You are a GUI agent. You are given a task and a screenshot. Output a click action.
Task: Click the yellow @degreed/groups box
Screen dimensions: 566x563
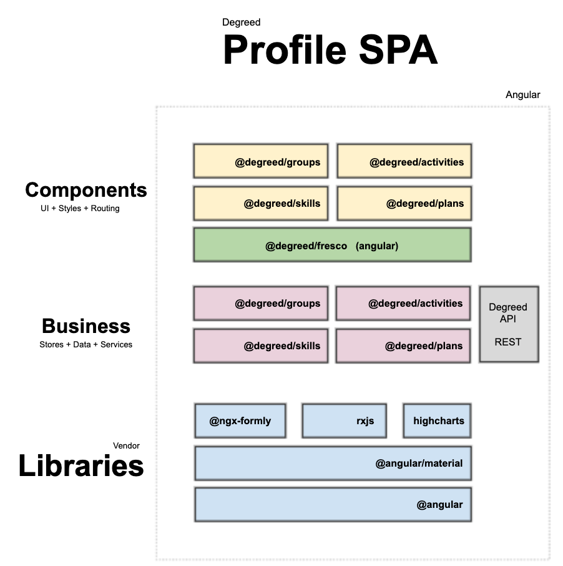pos(261,162)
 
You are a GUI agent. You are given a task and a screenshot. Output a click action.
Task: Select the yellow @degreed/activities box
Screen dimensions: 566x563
pos(404,162)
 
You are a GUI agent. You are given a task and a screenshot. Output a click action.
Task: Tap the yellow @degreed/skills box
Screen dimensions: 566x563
pos(261,204)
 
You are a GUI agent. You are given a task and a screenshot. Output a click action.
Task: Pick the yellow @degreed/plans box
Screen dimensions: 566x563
pos(404,204)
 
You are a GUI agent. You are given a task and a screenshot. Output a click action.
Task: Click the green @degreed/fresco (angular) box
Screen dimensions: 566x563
pos(332,245)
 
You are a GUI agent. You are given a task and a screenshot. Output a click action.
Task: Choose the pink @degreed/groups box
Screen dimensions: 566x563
pos(261,304)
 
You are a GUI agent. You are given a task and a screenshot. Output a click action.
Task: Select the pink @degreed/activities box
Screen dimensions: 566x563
pos(403,304)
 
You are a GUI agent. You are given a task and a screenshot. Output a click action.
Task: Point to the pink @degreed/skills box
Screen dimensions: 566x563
pos(261,345)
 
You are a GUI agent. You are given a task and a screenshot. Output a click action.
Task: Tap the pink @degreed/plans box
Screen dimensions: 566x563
pos(403,345)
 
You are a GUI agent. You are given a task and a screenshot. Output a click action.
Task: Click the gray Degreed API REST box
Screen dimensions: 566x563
pos(508,324)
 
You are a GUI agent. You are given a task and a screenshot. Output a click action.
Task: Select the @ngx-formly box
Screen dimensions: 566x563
pos(240,420)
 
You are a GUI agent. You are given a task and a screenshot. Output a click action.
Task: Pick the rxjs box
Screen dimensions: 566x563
pos(344,420)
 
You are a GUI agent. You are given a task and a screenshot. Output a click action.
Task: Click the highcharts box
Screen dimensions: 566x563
pos(436,420)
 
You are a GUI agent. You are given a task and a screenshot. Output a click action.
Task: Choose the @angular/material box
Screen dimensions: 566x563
pos(332,463)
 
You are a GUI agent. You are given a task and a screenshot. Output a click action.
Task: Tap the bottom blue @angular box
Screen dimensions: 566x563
pos(332,504)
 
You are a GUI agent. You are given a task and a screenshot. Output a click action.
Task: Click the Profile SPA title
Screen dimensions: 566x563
pos(330,51)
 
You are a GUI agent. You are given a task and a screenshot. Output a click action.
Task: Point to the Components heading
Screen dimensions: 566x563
pos(86,190)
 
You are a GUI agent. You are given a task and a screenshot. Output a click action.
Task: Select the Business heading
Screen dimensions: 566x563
pos(86,326)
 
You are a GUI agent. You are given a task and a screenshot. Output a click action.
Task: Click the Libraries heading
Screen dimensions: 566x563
pos(81,466)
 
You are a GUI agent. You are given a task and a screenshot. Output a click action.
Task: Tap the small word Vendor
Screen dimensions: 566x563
pos(126,446)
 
